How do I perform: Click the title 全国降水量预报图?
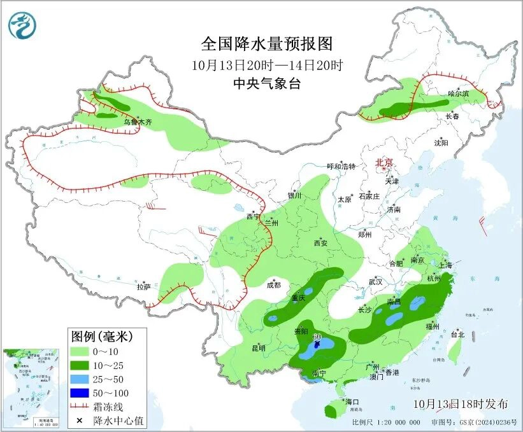click(267, 44)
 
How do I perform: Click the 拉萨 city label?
click(143, 287)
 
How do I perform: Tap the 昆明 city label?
click(258, 347)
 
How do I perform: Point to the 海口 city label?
click(353, 402)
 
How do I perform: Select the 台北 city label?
click(458, 334)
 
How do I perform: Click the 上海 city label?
click(445, 265)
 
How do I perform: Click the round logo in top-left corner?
click(22, 25)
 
